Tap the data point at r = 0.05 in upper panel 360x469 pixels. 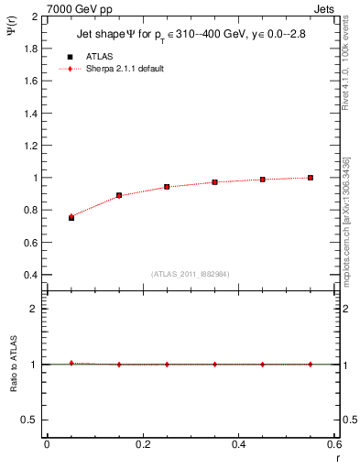click(71, 217)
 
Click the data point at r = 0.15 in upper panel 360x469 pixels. click(119, 195)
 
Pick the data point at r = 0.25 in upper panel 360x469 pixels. click(167, 187)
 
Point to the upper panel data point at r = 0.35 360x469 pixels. click(214, 182)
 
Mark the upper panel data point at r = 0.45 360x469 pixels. click(263, 180)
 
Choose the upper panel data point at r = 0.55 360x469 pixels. click(311, 178)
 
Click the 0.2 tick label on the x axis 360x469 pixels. click(143, 445)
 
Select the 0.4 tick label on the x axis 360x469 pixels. click(239, 445)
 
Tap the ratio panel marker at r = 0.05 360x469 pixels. click(71, 363)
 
